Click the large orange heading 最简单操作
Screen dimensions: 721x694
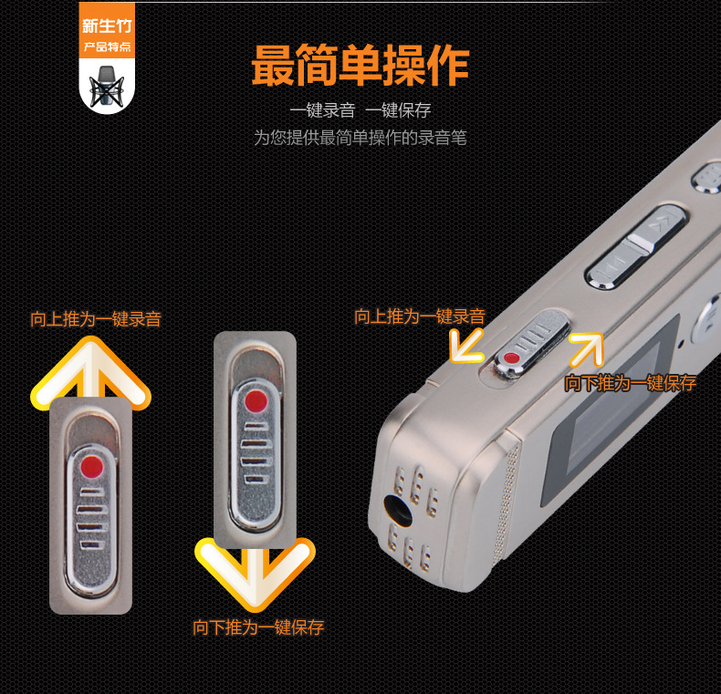360,66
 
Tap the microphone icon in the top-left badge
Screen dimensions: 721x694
107,87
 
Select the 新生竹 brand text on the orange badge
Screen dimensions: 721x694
107,26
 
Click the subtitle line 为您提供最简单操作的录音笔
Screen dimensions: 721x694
360,138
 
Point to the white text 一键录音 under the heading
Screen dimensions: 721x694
322,110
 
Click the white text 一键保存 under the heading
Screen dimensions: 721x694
398,110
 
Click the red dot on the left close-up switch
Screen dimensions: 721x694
91,467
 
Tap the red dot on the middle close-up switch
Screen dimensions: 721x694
256,401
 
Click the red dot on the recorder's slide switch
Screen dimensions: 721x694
511,358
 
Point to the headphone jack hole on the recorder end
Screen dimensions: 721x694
398,511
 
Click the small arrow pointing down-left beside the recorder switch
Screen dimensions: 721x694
466,346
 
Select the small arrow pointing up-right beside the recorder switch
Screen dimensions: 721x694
586,350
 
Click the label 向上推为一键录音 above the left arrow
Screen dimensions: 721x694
96,319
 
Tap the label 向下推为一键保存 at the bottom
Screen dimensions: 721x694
258,627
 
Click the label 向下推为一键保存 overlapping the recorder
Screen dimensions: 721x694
631,383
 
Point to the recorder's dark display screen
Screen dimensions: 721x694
610,414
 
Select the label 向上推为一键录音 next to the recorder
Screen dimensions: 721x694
419,316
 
